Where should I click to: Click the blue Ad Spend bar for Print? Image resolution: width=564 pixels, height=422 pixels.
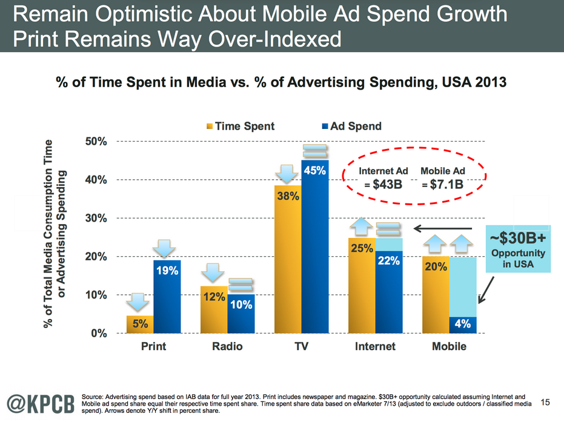[167, 296]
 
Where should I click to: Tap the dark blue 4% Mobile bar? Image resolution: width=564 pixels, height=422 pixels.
[463, 325]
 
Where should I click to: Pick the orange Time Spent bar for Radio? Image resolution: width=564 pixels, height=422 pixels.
[214, 309]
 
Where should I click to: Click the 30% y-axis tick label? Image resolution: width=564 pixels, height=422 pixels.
[95, 218]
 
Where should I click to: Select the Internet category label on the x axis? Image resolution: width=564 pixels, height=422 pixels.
[375, 346]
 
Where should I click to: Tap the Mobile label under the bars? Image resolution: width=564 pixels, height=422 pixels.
[449, 346]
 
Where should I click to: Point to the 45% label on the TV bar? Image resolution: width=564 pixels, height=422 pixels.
[314, 171]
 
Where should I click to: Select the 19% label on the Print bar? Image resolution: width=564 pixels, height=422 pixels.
[167, 271]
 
